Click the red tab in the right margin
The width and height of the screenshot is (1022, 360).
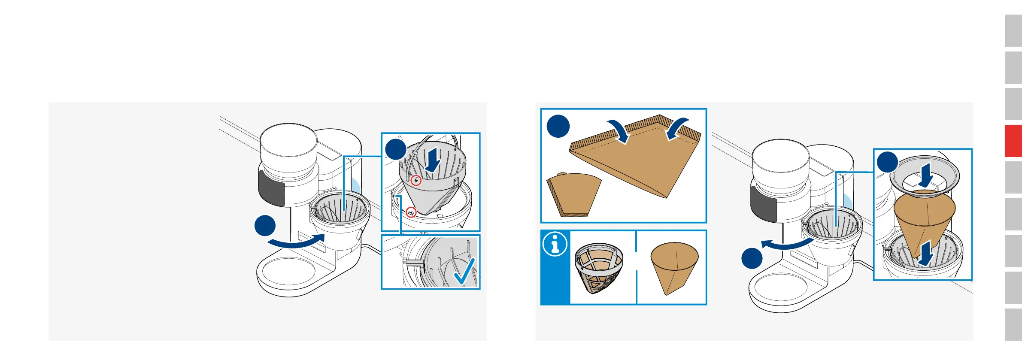[1013, 141]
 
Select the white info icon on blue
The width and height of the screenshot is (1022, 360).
[555, 244]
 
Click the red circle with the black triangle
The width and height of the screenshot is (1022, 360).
[415, 181]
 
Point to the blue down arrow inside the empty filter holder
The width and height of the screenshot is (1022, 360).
[433, 160]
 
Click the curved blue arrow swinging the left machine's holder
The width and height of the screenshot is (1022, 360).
[296, 242]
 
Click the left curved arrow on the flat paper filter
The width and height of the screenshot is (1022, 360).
[620, 131]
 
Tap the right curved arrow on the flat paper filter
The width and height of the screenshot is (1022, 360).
[676, 128]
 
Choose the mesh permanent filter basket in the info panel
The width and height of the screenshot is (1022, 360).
[598, 268]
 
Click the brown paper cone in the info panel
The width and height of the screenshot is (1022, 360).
[674, 266]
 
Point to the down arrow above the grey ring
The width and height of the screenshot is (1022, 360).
[926, 175]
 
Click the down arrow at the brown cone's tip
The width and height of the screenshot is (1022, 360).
[925, 253]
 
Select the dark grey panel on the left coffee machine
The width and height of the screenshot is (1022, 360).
[272, 188]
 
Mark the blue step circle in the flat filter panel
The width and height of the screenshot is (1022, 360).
[558, 126]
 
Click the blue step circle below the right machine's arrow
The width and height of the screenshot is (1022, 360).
[752, 258]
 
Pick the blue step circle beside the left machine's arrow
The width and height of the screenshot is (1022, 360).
[265, 226]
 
